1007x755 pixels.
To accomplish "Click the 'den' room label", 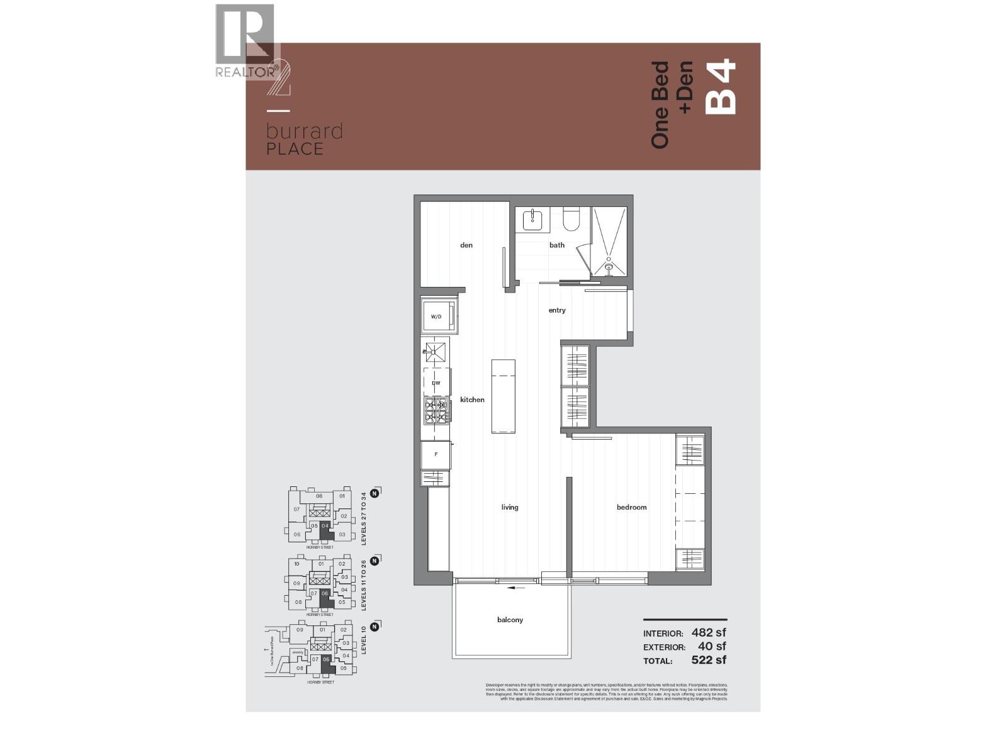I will click(466, 245).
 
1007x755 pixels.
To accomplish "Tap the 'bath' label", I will click(557, 245).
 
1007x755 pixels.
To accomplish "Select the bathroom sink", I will click(532, 220).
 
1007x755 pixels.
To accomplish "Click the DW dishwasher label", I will click(436, 383).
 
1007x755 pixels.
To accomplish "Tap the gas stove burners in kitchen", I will click(436, 411).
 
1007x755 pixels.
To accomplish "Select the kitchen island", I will click(503, 396).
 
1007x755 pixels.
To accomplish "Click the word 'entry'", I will click(557, 310).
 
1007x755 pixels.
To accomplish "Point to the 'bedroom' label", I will click(631, 507).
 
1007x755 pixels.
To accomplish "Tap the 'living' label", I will click(510, 507).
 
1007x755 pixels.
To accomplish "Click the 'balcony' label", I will click(510, 620).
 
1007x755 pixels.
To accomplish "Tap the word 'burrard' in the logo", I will click(305, 131).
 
